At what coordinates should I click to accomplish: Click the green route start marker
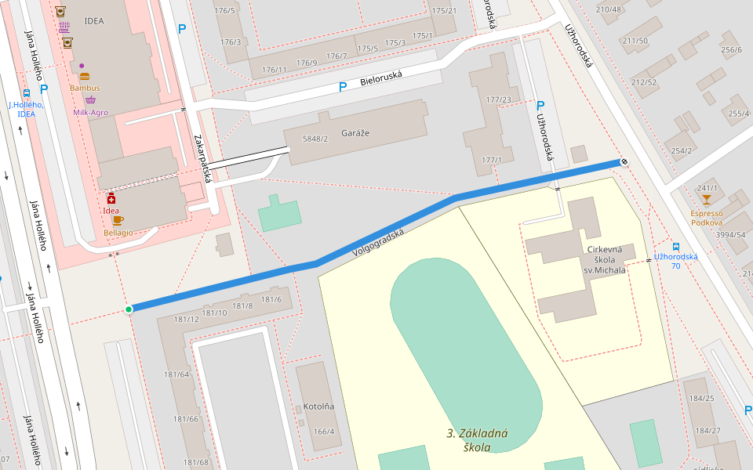coord(129,309)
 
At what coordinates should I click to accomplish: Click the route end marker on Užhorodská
coord(624,161)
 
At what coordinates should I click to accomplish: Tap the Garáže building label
coord(354,133)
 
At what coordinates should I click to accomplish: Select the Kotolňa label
coord(318,407)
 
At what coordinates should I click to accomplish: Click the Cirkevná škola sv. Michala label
coord(606,259)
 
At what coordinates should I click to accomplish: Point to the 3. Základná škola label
coord(477,440)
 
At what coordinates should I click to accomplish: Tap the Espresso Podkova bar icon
coord(706,200)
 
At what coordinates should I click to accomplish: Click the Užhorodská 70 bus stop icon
coord(675,245)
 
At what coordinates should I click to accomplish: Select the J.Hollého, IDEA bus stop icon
coord(27,92)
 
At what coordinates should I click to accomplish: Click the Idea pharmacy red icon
coord(111,198)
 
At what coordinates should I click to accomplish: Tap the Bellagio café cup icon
coord(118,221)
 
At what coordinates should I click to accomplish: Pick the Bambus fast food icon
coord(85,77)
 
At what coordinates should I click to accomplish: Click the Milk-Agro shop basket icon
coord(90,100)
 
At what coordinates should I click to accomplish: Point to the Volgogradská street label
coord(378,242)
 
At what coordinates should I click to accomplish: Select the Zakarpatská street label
coord(202,158)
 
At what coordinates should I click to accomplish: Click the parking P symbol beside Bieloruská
coord(342,86)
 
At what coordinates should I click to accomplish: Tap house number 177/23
coord(498,99)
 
